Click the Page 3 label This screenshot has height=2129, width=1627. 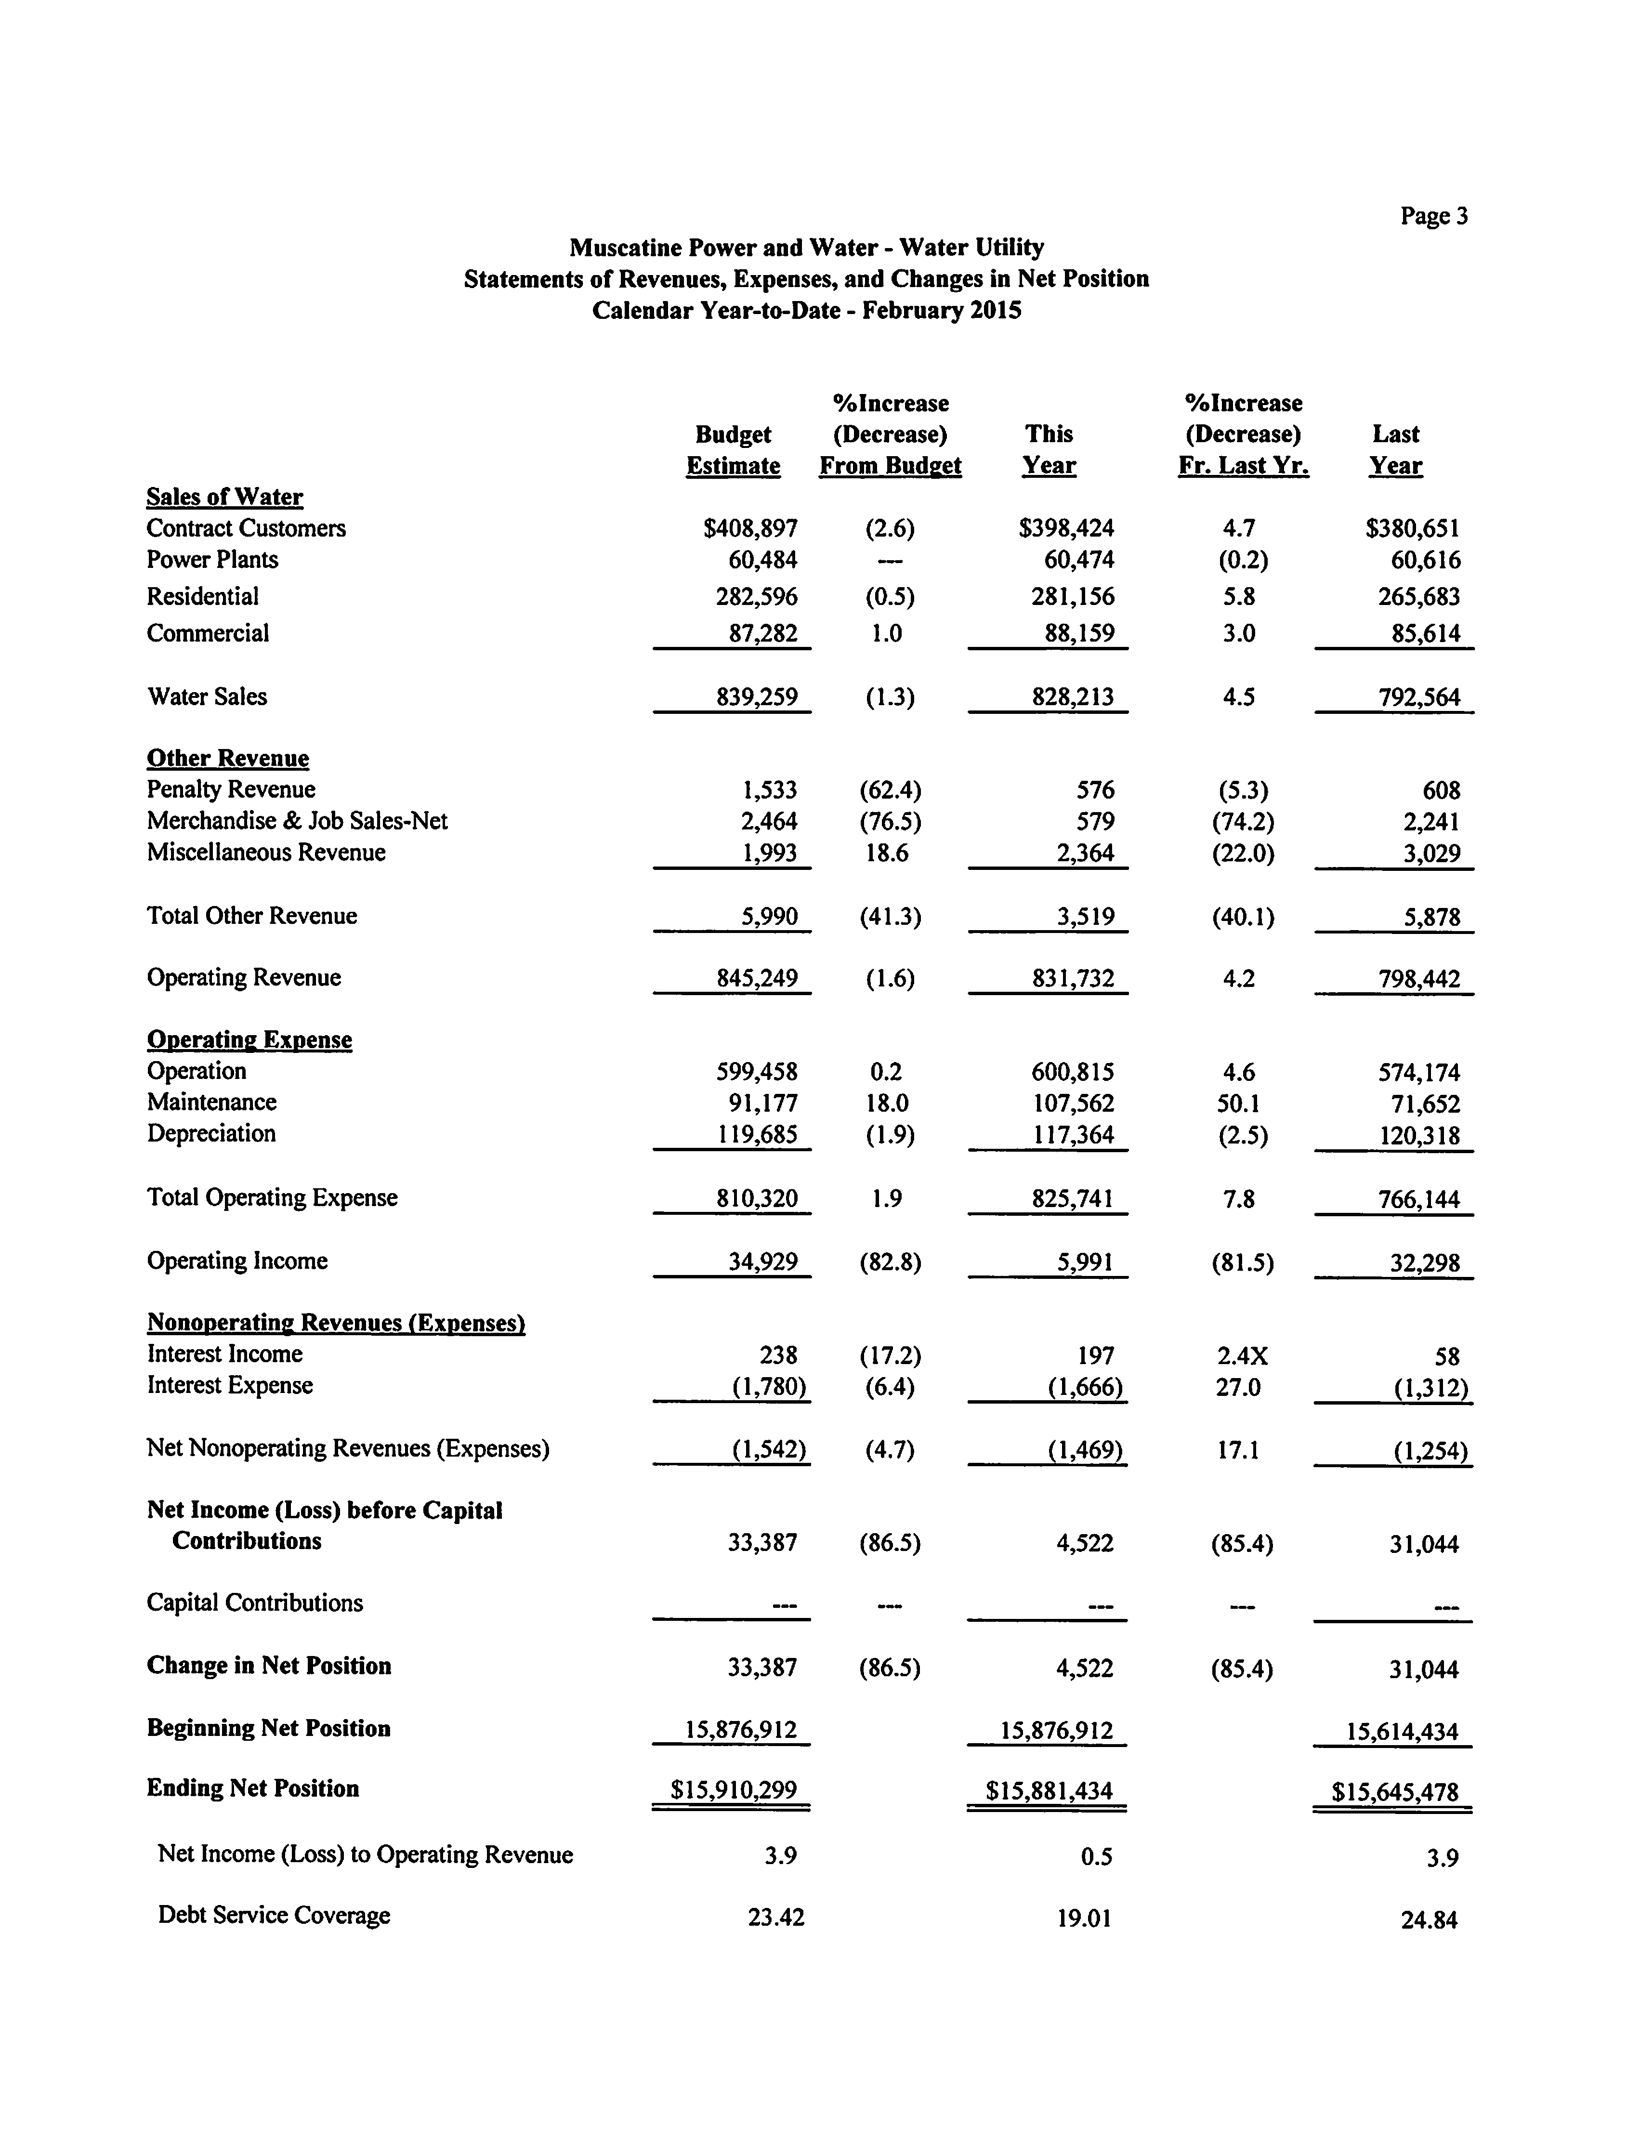tap(1433, 216)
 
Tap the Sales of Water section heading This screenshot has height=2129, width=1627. tap(224, 497)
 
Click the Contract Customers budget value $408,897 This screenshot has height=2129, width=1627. tap(750, 529)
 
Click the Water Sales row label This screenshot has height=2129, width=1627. tap(206, 697)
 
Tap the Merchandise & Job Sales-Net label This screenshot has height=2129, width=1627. tap(297, 821)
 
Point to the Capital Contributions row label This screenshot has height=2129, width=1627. tap(255, 1603)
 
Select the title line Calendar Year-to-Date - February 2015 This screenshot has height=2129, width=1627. tap(807, 311)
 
